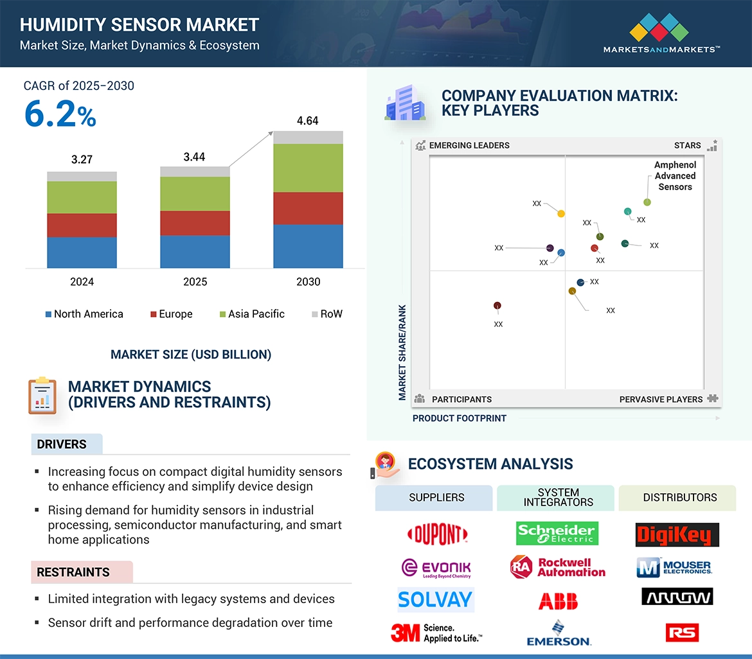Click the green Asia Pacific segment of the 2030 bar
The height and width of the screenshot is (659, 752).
(x=308, y=168)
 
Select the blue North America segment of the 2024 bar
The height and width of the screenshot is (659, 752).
(x=82, y=252)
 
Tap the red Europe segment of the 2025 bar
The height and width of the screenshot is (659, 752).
(x=195, y=223)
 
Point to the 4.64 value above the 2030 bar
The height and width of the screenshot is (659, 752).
(x=307, y=121)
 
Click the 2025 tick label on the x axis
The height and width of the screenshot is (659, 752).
(x=195, y=282)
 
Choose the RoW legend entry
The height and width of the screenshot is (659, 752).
(x=327, y=314)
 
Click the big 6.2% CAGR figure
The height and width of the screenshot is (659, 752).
(x=60, y=114)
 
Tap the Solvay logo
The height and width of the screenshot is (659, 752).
(x=435, y=600)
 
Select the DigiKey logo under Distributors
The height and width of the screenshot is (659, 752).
(x=677, y=534)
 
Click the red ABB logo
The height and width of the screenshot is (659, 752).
(x=558, y=601)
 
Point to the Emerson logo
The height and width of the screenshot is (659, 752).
(x=558, y=633)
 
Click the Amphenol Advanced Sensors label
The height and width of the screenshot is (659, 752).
(x=675, y=176)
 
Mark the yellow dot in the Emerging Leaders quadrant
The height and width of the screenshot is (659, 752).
(x=561, y=213)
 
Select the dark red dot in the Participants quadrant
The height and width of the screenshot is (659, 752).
(x=497, y=306)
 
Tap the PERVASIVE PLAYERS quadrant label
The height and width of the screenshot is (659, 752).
(x=661, y=400)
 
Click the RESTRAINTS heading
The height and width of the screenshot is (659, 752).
(x=73, y=572)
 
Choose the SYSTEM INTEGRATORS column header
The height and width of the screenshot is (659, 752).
(x=558, y=497)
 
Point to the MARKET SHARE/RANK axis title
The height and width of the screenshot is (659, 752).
(x=402, y=353)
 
